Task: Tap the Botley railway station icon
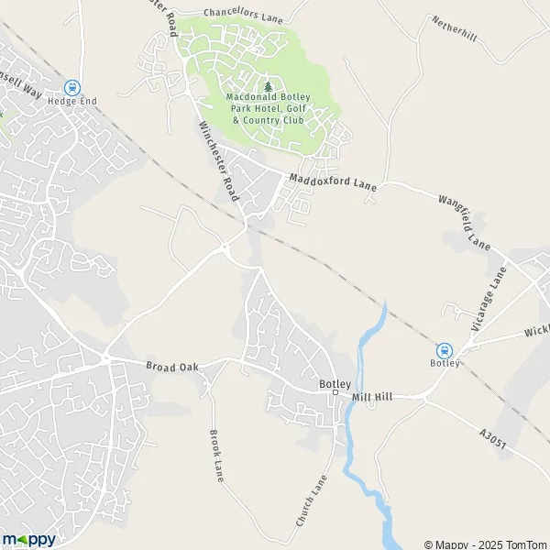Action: click(x=445, y=349)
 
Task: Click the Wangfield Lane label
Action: click(x=465, y=222)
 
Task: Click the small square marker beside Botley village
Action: click(x=335, y=393)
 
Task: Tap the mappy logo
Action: click(x=28, y=539)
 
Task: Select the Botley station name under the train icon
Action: click(x=445, y=362)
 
